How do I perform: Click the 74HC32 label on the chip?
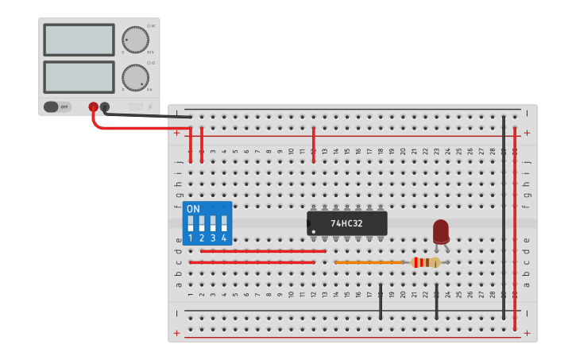[346, 223]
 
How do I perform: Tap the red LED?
[441, 231]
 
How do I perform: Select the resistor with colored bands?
[426, 262]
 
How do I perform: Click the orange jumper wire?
[369, 261]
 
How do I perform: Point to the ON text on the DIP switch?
[193, 209]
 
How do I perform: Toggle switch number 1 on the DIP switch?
[191, 223]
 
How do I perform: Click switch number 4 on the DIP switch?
[224, 223]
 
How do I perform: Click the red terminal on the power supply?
[93, 106]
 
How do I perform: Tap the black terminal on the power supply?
[104, 106]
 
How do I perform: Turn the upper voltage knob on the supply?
[135, 39]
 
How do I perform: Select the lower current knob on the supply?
[135, 77]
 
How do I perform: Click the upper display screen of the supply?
[79, 40]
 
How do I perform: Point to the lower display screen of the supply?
[79, 76]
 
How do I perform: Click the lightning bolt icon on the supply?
[151, 106]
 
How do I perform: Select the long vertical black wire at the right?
[504, 215]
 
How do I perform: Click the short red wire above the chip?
[314, 143]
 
